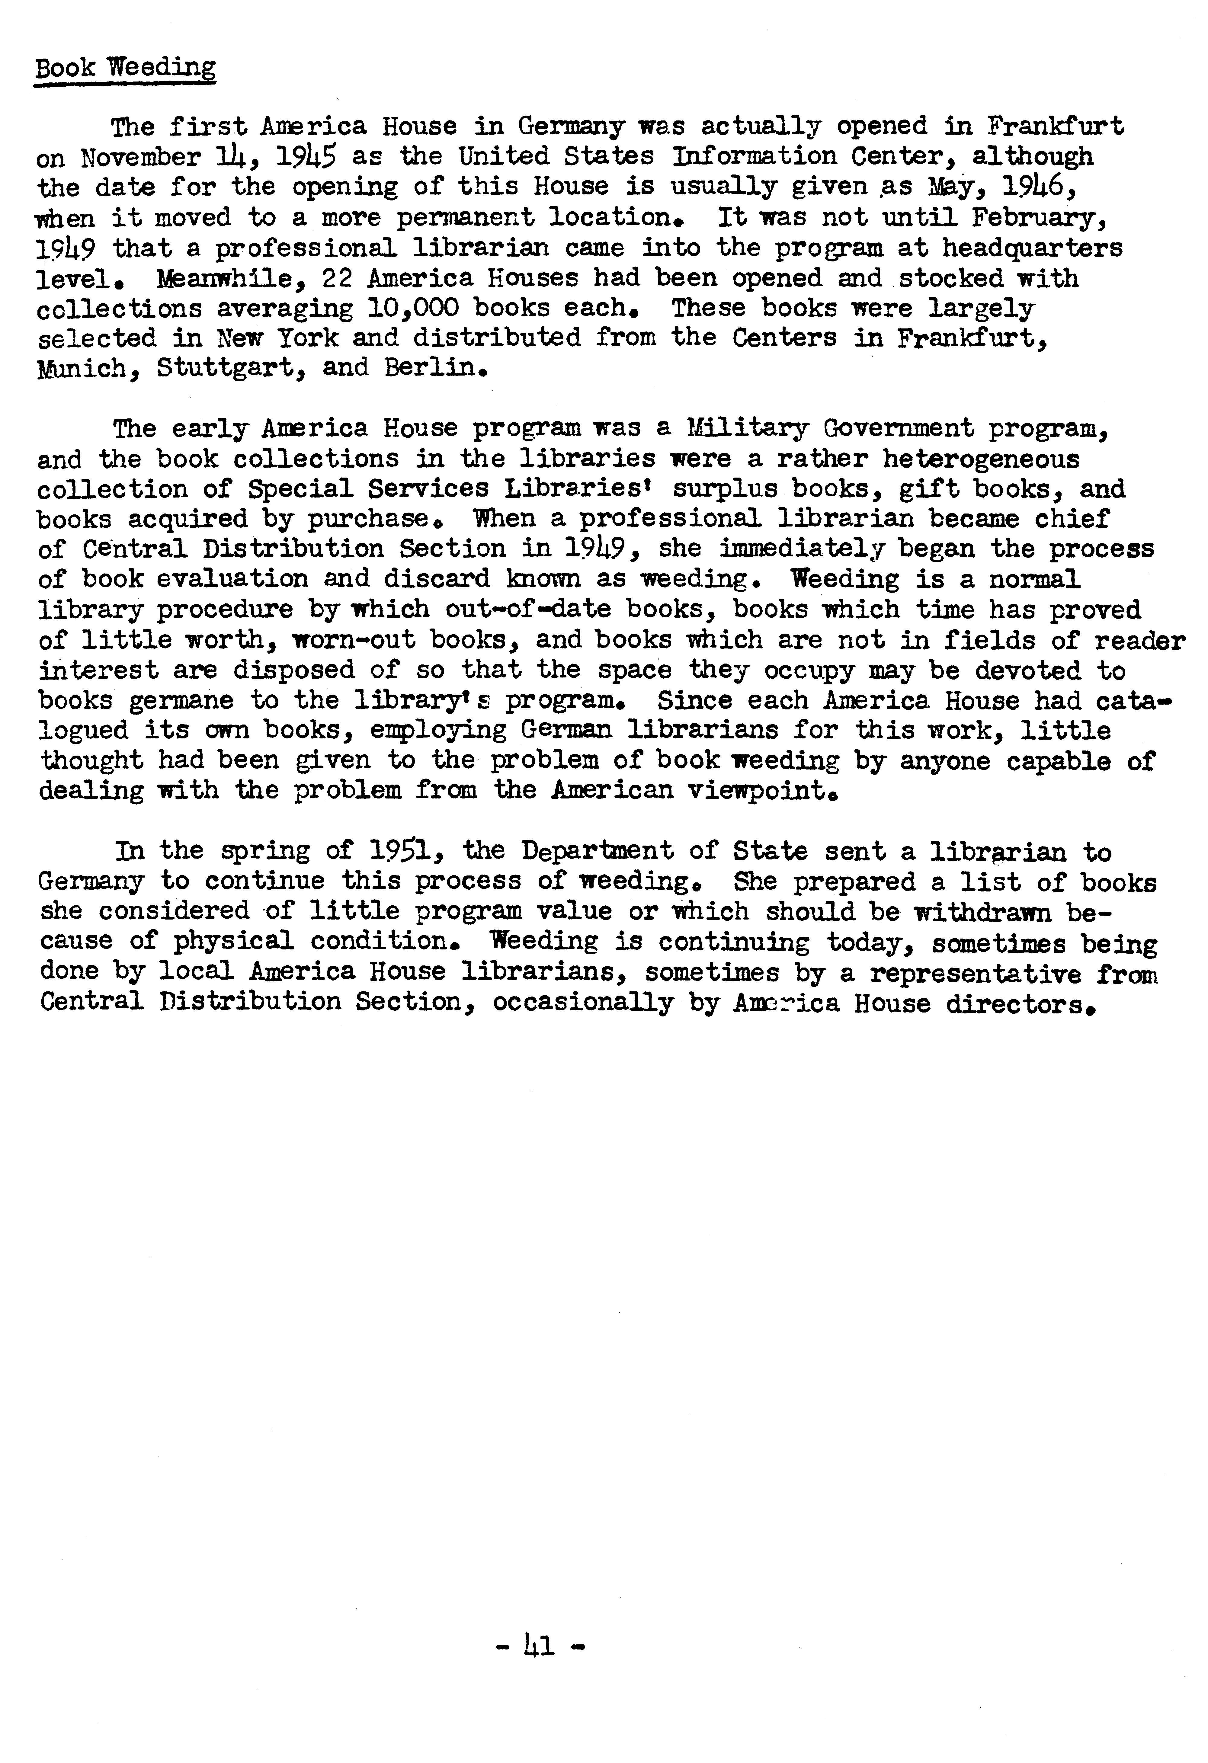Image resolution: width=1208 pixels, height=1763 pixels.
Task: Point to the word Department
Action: tap(597, 852)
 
